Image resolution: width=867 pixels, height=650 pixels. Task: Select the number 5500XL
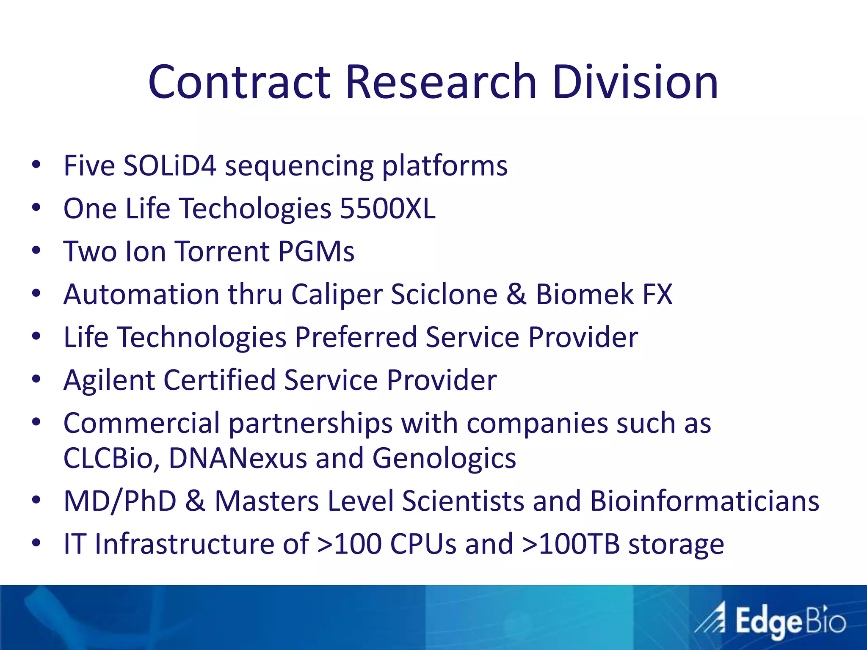coord(387,208)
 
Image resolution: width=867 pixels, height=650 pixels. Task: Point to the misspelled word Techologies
coord(256,209)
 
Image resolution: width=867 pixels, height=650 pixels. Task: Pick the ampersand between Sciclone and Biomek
coord(516,294)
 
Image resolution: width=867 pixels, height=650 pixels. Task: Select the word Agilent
coord(109,380)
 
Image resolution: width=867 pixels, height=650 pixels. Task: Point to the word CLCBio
coord(111,458)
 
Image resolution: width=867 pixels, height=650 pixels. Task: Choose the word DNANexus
coord(237,458)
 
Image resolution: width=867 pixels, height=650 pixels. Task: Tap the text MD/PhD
coord(120,501)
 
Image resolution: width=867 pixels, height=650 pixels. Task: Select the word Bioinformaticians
coord(704,501)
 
